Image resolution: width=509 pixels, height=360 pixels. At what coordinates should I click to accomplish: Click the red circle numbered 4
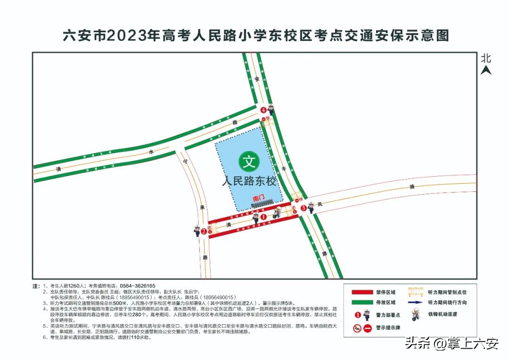tap(263, 110)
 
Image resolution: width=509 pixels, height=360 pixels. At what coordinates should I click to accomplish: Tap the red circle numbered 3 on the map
tap(304, 207)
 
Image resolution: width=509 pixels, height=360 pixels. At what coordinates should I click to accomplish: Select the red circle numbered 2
tap(204, 231)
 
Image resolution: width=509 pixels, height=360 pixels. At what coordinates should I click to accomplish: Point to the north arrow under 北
tap(486, 71)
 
